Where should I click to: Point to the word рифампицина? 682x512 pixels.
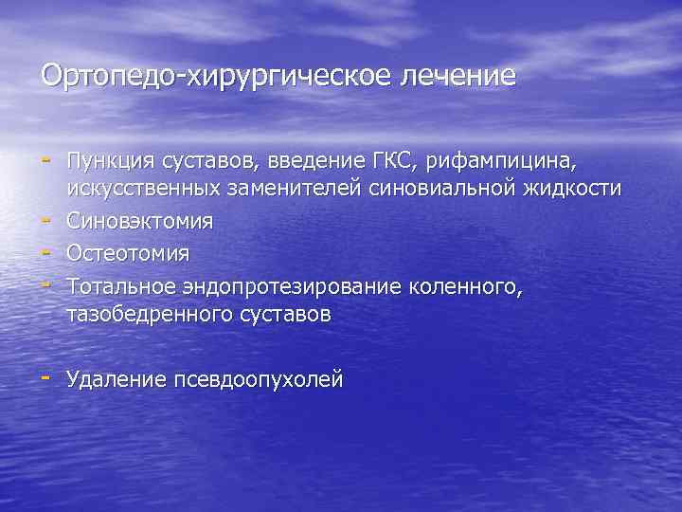(497, 157)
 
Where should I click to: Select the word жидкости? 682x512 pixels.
(574, 189)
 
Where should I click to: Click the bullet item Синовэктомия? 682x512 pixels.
(140, 221)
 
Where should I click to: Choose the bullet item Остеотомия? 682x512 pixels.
(128, 253)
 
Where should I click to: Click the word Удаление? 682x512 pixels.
(116, 379)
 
